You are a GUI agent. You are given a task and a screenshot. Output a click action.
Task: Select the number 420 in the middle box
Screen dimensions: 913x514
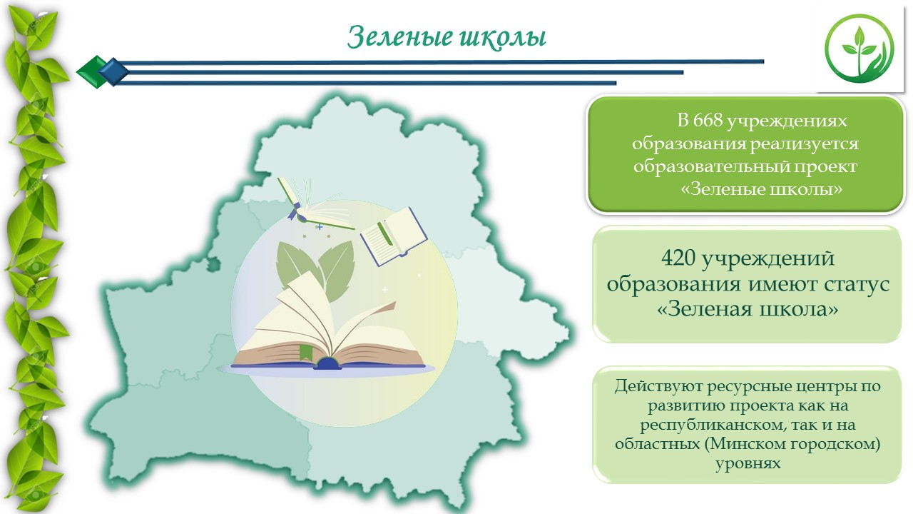coord(678,258)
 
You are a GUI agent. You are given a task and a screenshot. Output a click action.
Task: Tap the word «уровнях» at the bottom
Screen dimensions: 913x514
coord(748,464)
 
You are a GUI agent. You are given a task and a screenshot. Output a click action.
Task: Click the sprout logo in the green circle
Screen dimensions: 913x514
coord(860,49)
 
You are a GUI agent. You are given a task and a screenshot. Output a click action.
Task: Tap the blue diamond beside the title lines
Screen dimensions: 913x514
coord(113,72)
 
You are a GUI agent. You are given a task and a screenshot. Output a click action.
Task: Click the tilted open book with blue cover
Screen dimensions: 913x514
coord(393,236)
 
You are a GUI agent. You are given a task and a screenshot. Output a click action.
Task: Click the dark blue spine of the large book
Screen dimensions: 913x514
coord(327,363)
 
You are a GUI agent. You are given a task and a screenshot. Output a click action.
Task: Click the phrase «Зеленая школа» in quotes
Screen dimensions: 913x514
coord(748,309)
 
